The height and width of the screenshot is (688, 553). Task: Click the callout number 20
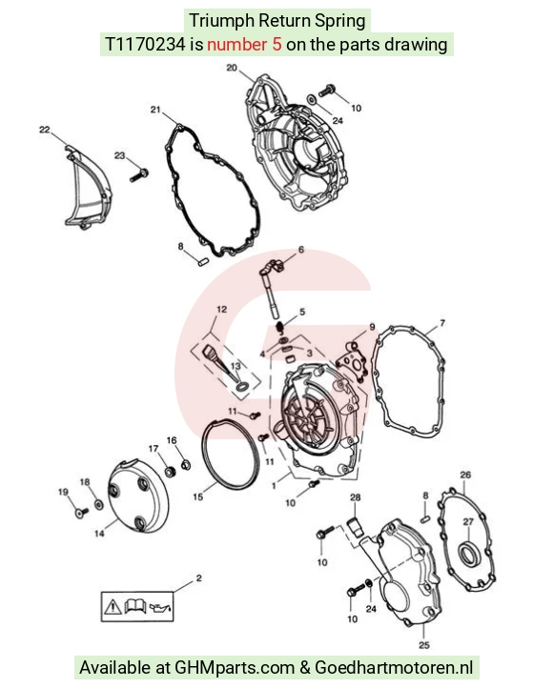[232, 68]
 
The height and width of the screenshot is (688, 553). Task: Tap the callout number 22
[44, 130]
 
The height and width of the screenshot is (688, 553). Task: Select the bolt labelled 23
[139, 175]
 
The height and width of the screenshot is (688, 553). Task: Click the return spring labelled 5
[279, 328]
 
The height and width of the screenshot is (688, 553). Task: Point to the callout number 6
[301, 250]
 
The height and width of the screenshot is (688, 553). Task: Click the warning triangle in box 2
[113, 607]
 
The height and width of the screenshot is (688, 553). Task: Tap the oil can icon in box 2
[160, 608]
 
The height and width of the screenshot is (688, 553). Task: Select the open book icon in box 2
[135, 606]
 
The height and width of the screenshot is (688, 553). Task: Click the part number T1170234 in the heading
[145, 45]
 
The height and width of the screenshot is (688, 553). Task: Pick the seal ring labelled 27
[469, 556]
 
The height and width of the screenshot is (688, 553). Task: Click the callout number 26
[465, 475]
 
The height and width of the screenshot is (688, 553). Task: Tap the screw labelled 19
[82, 513]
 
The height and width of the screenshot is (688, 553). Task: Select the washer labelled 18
[99, 505]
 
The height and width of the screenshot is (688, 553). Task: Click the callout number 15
[198, 496]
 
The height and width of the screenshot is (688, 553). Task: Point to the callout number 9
[372, 327]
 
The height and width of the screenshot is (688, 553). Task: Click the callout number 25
[424, 645]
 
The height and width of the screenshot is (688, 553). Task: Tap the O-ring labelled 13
[241, 387]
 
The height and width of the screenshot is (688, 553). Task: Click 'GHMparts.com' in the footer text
[235, 668]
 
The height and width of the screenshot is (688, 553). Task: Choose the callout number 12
[221, 310]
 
